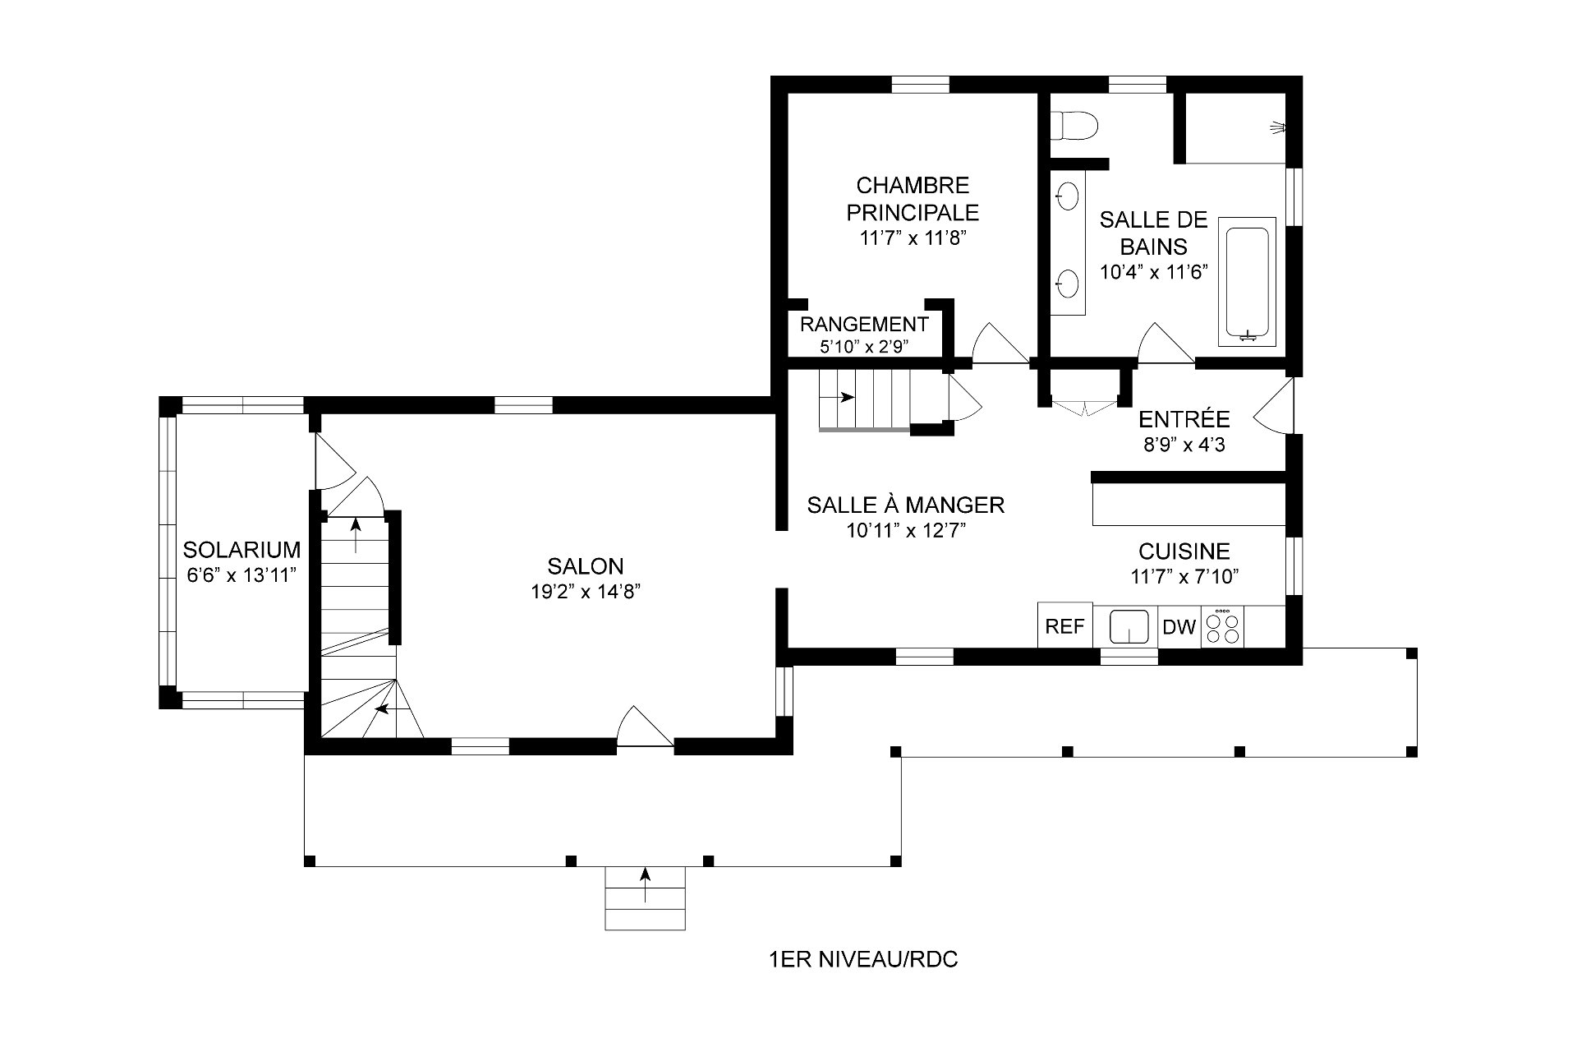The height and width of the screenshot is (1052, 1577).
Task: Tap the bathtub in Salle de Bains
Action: click(1248, 283)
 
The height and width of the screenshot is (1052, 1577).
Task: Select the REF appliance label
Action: click(1065, 626)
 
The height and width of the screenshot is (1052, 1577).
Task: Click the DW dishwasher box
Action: click(1179, 627)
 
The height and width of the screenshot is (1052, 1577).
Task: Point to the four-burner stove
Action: click(1222, 627)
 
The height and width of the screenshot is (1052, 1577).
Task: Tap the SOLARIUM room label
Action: click(241, 549)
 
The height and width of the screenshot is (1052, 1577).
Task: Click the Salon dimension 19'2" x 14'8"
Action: click(586, 592)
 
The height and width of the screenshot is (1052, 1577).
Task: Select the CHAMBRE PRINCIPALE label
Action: click(913, 198)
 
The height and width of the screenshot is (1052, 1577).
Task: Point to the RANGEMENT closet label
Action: click(864, 324)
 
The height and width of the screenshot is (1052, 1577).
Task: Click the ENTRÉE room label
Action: click(1184, 419)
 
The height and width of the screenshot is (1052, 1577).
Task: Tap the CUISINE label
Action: click(1184, 551)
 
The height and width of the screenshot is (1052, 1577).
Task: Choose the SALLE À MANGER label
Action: click(906, 505)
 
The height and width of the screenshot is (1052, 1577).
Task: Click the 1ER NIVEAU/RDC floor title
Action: click(862, 959)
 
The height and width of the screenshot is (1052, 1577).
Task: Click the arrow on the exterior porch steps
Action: click(645, 884)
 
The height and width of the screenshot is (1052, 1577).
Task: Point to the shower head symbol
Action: click(1276, 127)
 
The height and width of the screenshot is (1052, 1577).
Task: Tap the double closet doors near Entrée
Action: click(1085, 407)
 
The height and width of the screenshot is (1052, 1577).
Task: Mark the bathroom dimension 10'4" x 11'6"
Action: click(1154, 272)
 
